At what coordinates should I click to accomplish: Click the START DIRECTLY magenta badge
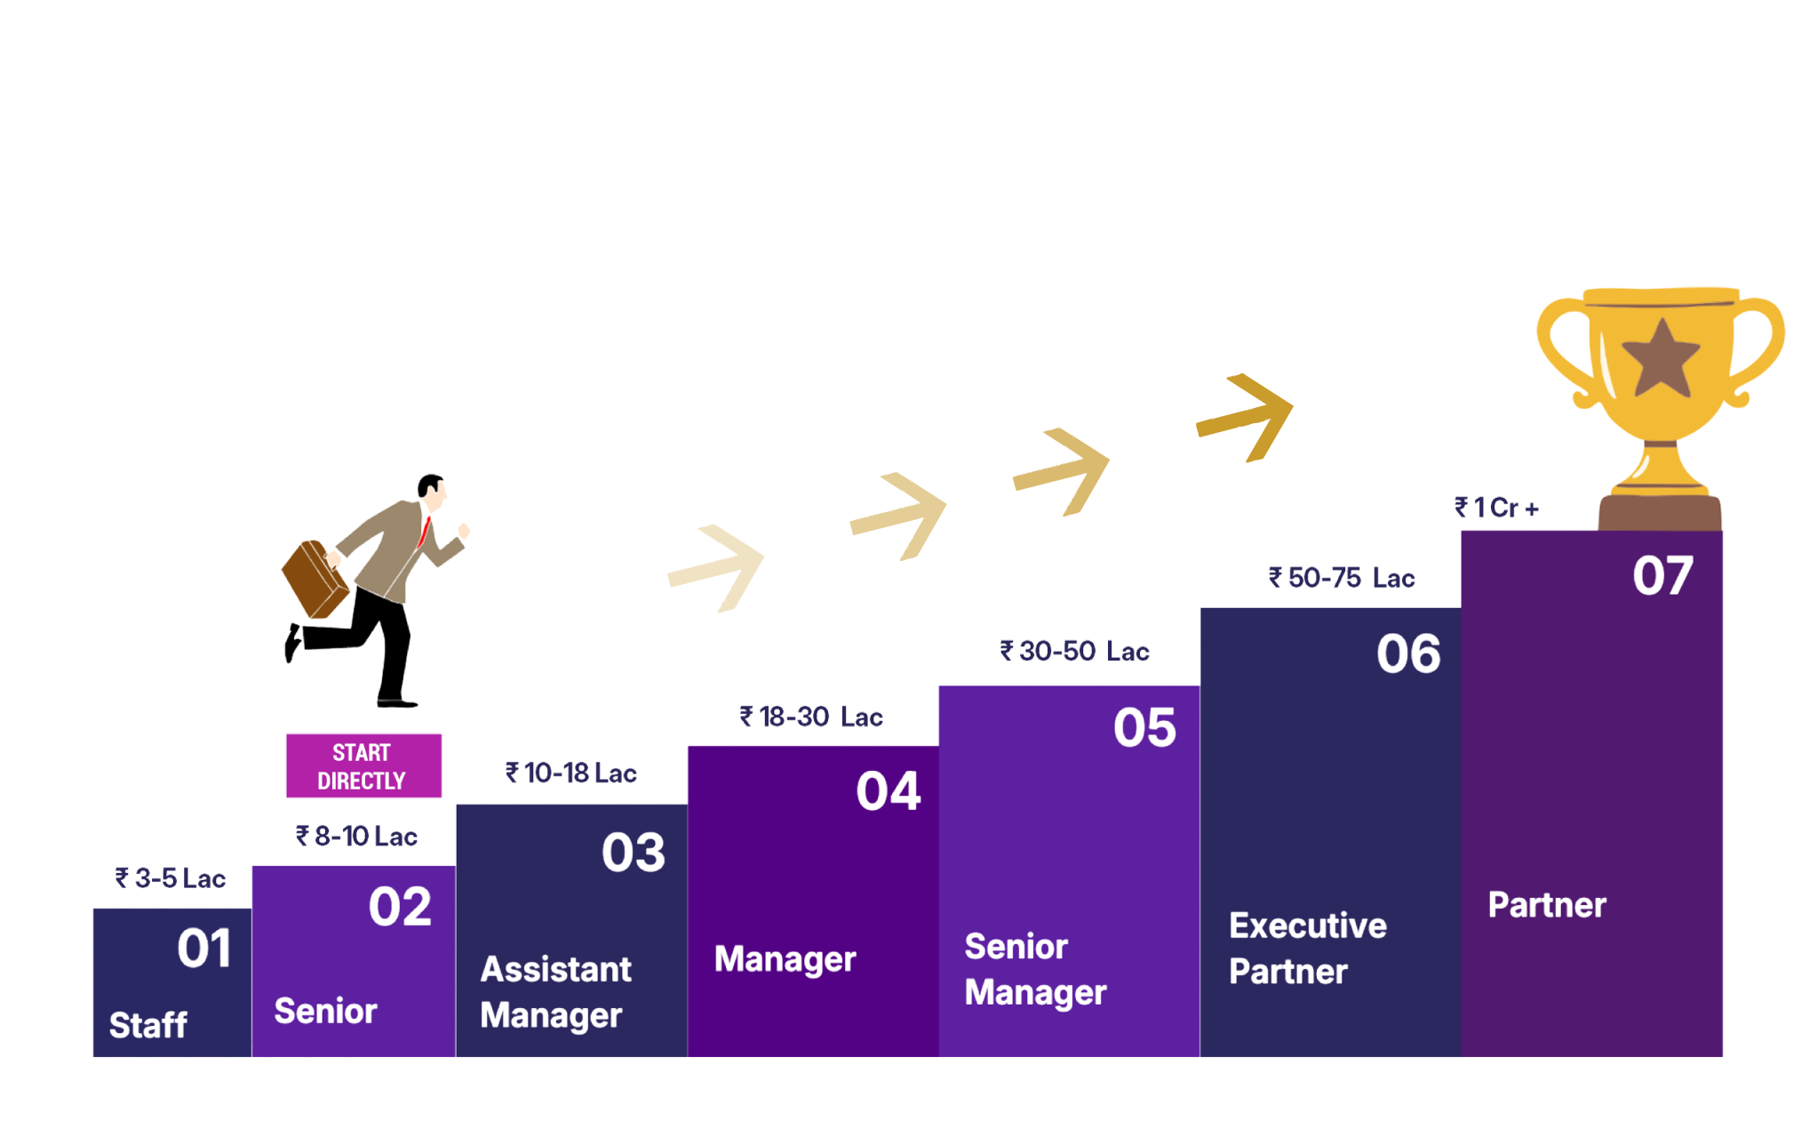(363, 765)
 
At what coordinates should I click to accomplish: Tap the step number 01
(204, 948)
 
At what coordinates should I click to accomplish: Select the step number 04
(888, 791)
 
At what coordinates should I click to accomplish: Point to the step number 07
(1662, 576)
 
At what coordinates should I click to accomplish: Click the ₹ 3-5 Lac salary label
(170, 878)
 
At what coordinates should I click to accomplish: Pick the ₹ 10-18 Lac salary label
(571, 773)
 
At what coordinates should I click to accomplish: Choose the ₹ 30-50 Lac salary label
(1074, 651)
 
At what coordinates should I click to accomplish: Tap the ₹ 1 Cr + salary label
(1496, 508)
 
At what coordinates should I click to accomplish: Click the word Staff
(148, 1025)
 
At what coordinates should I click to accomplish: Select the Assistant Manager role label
(555, 992)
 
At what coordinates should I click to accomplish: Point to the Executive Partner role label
(1307, 949)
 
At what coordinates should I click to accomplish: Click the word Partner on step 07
(1547, 905)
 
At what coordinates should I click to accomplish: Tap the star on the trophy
(1661, 357)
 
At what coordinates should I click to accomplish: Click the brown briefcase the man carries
(314, 579)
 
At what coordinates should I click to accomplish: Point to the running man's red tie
(425, 532)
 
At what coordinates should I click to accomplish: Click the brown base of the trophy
(1660, 513)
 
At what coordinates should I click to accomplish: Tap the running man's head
(433, 489)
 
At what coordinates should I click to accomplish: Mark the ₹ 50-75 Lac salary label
(1341, 578)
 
